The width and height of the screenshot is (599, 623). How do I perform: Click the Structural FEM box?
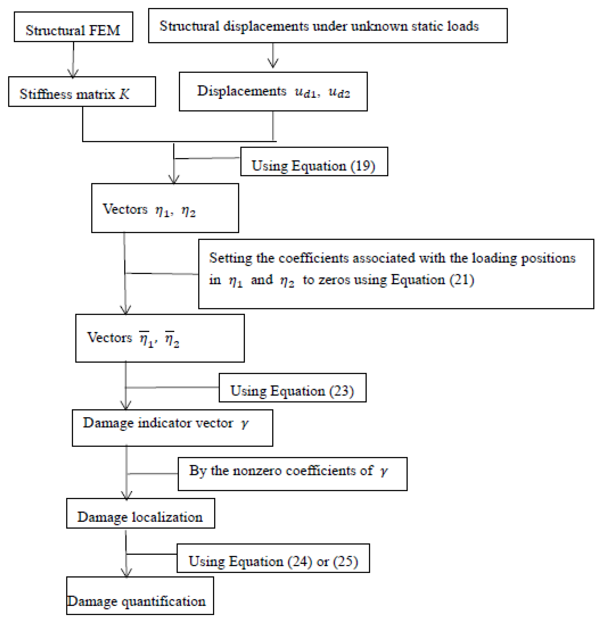pyautogui.click(x=73, y=27)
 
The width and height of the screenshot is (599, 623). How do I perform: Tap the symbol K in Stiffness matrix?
pyautogui.click(x=124, y=94)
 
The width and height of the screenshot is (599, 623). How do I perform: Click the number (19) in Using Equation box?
pyautogui.click(x=363, y=166)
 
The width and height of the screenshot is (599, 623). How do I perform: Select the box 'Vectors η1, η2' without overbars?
pyautogui.click(x=165, y=208)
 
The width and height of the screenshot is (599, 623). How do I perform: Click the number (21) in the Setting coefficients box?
pyautogui.click(x=462, y=280)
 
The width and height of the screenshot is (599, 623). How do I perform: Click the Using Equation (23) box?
pyautogui.click(x=292, y=388)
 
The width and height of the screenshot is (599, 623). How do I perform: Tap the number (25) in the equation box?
pyautogui.click(x=345, y=562)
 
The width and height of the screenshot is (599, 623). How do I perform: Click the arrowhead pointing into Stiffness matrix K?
pyautogui.click(x=73, y=74)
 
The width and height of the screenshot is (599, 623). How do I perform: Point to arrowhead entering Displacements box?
pyautogui.click(x=273, y=64)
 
